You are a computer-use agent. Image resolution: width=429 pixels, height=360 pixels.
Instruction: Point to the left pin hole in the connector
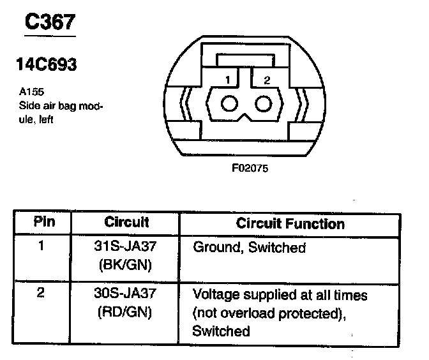(x=229, y=104)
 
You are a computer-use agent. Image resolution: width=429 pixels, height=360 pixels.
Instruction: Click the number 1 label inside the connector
(x=226, y=80)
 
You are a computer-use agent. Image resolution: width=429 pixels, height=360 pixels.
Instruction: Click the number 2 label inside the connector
(x=267, y=80)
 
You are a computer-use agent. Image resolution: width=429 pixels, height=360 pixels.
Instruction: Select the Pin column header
(x=43, y=223)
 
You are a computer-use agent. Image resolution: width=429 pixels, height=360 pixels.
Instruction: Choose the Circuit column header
(x=126, y=223)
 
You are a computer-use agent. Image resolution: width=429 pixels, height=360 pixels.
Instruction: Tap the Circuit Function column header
(x=290, y=223)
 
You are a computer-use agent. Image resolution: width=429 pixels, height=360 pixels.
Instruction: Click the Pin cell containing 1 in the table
(x=41, y=244)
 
